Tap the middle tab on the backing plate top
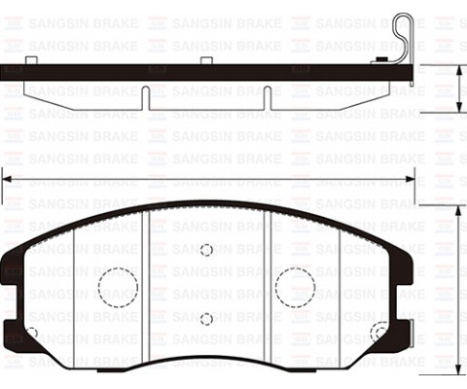206,61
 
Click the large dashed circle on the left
118,286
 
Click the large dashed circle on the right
295,286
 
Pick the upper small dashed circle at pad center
206,250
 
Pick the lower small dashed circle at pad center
206,319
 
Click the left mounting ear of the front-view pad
12,292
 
